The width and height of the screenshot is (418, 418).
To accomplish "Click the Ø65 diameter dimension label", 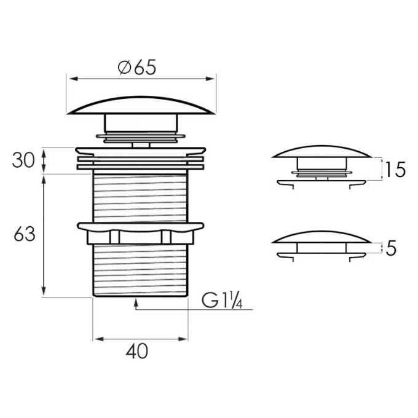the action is (136, 68).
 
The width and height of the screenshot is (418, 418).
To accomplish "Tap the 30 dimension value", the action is (23, 160).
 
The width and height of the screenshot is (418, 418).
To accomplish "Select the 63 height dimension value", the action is (25, 234).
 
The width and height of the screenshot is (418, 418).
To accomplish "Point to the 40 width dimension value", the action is (136, 351).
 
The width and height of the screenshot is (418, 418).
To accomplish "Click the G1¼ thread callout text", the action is (222, 300).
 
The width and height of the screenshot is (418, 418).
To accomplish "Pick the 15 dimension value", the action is (395, 170).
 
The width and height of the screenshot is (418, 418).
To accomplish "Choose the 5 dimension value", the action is (391, 248).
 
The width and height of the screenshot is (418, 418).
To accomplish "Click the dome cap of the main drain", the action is (141, 106).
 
